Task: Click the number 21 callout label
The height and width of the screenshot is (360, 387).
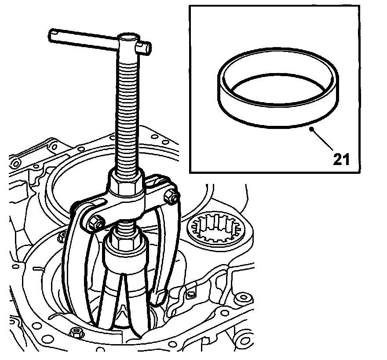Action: (341, 159)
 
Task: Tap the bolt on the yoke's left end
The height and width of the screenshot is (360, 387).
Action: (95, 223)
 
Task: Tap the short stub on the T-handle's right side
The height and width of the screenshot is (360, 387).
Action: (144, 45)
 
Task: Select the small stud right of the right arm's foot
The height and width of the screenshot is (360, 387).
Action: (190, 294)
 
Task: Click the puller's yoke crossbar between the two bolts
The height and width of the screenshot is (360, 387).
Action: (132, 207)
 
